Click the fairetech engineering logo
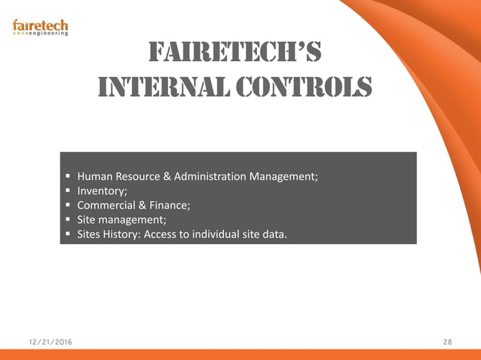41,26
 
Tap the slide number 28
447,343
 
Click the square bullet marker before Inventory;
69,191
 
